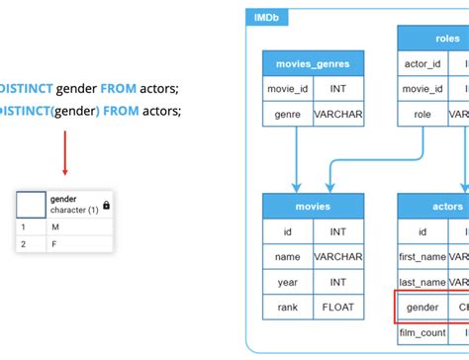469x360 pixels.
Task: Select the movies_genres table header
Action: click(x=314, y=64)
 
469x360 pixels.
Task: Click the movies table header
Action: click(x=314, y=206)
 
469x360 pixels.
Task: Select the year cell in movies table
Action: click(x=288, y=282)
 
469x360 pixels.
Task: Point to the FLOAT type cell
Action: click(x=338, y=308)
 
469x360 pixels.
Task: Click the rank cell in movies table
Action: click(x=288, y=308)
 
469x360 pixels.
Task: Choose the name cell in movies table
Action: click(x=288, y=257)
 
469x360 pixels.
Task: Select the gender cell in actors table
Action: click(x=422, y=308)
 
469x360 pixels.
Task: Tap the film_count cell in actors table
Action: click(x=422, y=332)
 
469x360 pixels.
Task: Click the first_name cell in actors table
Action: click(x=422, y=257)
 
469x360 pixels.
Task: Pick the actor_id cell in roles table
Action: click(x=422, y=64)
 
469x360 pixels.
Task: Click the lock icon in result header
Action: click(x=106, y=205)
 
